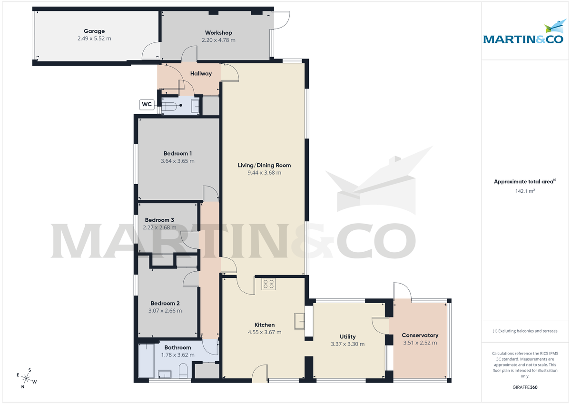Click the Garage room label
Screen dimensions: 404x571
pyautogui.click(x=94, y=31)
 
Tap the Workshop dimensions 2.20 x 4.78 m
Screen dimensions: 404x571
pyautogui.click(x=217, y=40)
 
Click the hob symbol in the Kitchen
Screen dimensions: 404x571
pyautogui.click(x=268, y=284)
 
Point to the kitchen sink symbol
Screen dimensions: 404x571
pyautogui.click(x=300, y=321)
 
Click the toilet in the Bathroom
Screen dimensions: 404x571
pyautogui.click(x=182, y=371)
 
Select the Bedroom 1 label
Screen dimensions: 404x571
pyautogui.click(x=177, y=153)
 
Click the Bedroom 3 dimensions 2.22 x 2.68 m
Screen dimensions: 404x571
pyautogui.click(x=159, y=227)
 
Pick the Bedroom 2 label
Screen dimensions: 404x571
pyautogui.click(x=165, y=303)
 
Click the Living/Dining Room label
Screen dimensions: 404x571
pyautogui.click(x=264, y=165)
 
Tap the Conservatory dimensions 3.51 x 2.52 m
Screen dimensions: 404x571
pyautogui.click(x=420, y=343)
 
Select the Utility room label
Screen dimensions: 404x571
pyautogui.click(x=347, y=336)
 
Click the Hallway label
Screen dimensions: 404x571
pyautogui.click(x=201, y=74)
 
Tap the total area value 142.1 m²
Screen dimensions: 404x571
pyautogui.click(x=525, y=191)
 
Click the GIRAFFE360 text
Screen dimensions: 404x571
pyautogui.click(x=525, y=387)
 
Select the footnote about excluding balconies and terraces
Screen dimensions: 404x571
pyautogui.click(x=525, y=331)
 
